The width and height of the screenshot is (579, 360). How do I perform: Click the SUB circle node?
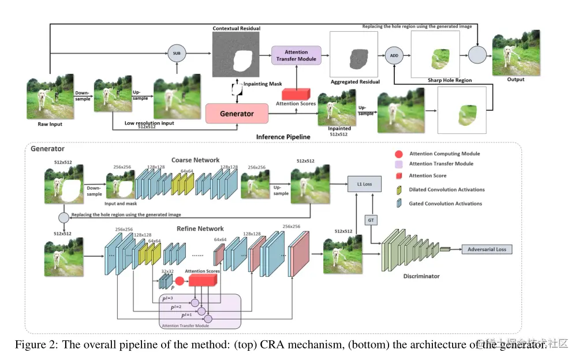coord(177,55)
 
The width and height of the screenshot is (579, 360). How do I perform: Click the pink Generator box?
coord(237,114)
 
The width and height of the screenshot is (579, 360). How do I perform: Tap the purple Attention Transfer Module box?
coord(296,55)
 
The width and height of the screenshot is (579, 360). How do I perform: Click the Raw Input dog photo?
coord(50,96)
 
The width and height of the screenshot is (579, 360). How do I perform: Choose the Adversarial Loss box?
coord(486,249)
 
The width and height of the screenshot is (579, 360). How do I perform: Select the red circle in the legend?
coord(398,154)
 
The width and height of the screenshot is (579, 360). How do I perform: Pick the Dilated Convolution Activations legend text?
coord(447,189)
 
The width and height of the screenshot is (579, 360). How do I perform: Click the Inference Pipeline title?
coord(283,137)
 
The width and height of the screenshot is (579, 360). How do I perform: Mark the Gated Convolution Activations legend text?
coord(445,203)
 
